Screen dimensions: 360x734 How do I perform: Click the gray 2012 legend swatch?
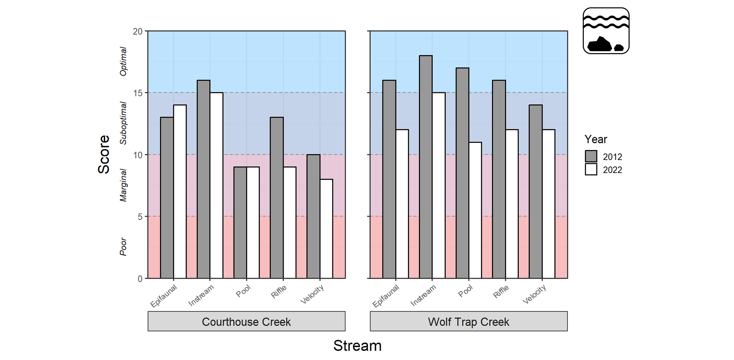(591, 156)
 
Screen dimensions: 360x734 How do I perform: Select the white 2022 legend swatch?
(591, 169)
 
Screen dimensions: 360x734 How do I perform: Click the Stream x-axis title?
(357, 346)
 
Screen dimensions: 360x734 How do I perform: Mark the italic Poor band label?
(123, 247)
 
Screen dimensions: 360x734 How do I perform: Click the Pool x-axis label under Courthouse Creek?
(243, 291)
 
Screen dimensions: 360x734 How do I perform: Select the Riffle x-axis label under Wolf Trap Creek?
(501, 292)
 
